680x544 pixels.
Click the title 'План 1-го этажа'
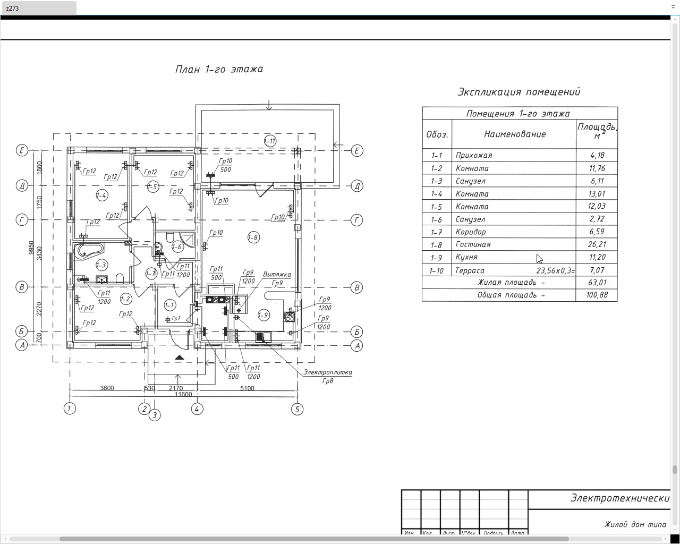[x=219, y=69]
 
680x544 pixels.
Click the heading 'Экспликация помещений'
[x=518, y=92]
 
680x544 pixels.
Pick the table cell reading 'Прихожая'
[x=473, y=156]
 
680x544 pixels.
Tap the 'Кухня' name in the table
[x=466, y=257]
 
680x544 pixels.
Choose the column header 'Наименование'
[x=514, y=134]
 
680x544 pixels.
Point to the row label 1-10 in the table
[x=436, y=270]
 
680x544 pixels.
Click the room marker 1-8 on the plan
[x=253, y=237]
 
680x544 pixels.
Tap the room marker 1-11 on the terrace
[x=270, y=141]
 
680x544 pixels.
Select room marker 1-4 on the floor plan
[x=101, y=195]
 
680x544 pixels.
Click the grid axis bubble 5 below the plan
[x=297, y=409]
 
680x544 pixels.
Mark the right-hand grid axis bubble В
[x=357, y=287]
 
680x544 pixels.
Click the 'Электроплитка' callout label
[x=328, y=372]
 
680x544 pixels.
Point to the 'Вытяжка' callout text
[x=277, y=275]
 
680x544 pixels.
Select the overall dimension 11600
[x=182, y=395]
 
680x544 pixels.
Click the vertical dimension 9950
[x=32, y=248]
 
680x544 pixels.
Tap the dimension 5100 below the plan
[x=247, y=388]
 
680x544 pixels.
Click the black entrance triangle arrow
[x=179, y=358]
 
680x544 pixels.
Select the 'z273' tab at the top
[x=38, y=8]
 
